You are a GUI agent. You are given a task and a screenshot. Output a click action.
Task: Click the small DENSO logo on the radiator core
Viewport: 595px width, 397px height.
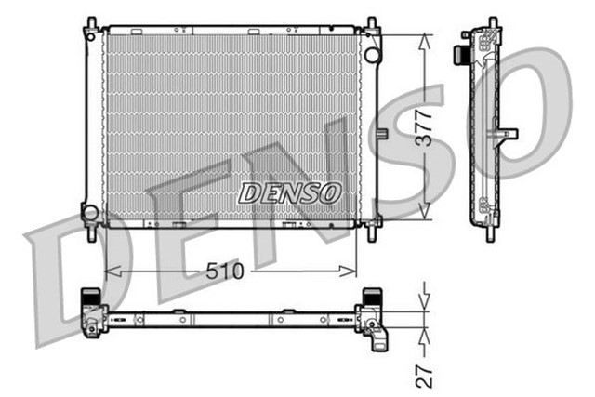tap(290, 192)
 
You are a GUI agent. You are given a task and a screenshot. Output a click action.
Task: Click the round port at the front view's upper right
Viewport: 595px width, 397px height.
tap(373, 55)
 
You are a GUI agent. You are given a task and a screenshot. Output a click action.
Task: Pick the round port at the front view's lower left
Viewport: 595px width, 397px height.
tap(90, 213)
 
